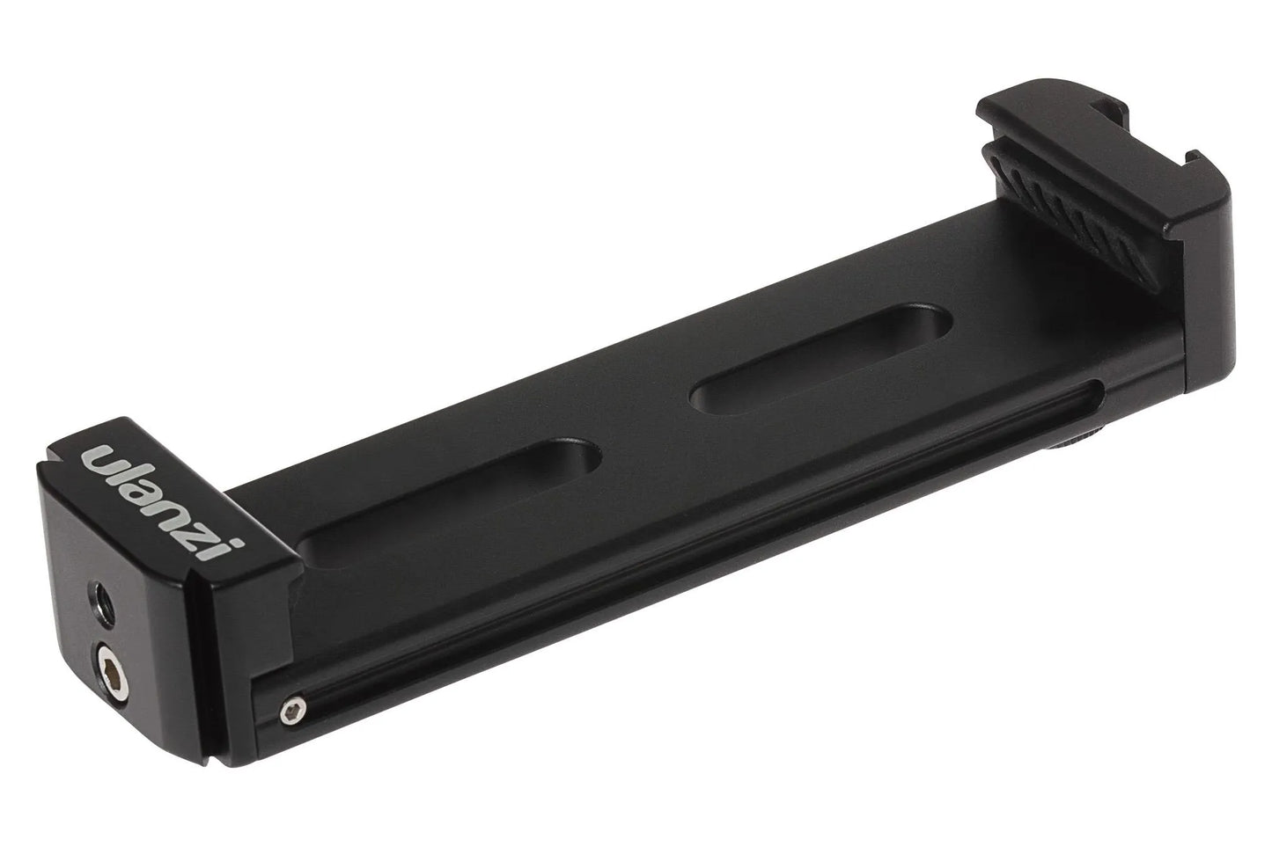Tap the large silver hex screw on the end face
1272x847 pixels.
(111, 674)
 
